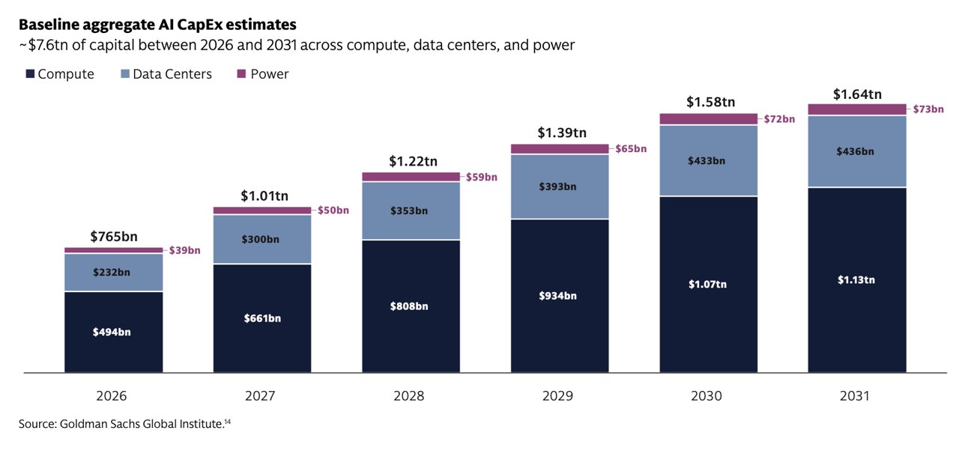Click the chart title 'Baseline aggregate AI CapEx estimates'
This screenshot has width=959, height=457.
tap(157, 25)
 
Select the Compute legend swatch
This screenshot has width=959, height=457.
tap(30, 73)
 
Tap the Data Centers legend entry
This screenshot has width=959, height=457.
tap(166, 74)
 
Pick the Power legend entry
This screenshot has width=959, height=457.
tap(263, 74)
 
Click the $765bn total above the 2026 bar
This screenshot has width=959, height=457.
tap(114, 236)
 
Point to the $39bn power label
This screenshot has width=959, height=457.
tap(184, 250)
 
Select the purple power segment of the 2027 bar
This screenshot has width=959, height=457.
tap(262, 211)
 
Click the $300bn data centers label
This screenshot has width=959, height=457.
tap(260, 239)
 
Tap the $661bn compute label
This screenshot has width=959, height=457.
tap(262, 318)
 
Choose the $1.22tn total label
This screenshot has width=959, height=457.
tap(413, 161)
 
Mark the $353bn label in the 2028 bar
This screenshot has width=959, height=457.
tap(409, 211)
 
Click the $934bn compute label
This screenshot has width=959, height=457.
tap(558, 296)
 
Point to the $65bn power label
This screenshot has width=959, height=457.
tap(631, 149)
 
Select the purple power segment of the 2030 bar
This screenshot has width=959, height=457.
tap(709, 119)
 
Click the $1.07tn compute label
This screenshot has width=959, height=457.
tap(708, 284)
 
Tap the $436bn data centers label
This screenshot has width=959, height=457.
tap(856, 151)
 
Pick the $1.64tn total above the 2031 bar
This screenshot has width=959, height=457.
tap(858, 94)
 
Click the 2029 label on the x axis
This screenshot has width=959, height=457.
tap(558, 396)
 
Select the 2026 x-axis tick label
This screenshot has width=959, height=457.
tap(112, 396)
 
